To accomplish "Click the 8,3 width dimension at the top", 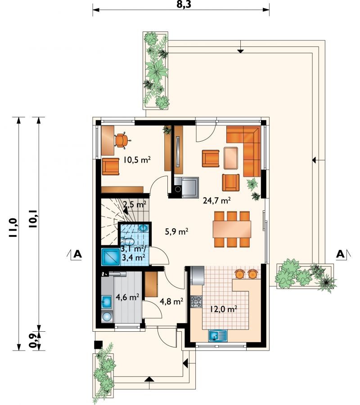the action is click(x=184, y=4).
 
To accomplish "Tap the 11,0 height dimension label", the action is click(x=13, y=227).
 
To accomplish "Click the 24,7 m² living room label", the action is click(x=217, y=200).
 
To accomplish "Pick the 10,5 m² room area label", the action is click(x=137, y=160).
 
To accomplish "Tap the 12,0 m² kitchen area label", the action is click(x=224, y=309).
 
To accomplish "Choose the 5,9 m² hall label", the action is click(x=176, y=231).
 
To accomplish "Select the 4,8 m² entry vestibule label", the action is click(x=171, y=301).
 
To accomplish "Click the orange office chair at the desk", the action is click(x=122, y=141).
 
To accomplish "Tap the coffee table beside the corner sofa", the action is click(x=231, y=158).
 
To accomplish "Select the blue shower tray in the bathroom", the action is click(x=111, y=257).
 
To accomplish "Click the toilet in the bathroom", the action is click(x=128, y=242).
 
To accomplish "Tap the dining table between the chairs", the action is click(x=232, y=229).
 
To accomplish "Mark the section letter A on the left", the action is click(x=77, y=254).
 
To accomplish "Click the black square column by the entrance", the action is click(x=98, y=345).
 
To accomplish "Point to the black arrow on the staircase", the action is click(x=126, y=211).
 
